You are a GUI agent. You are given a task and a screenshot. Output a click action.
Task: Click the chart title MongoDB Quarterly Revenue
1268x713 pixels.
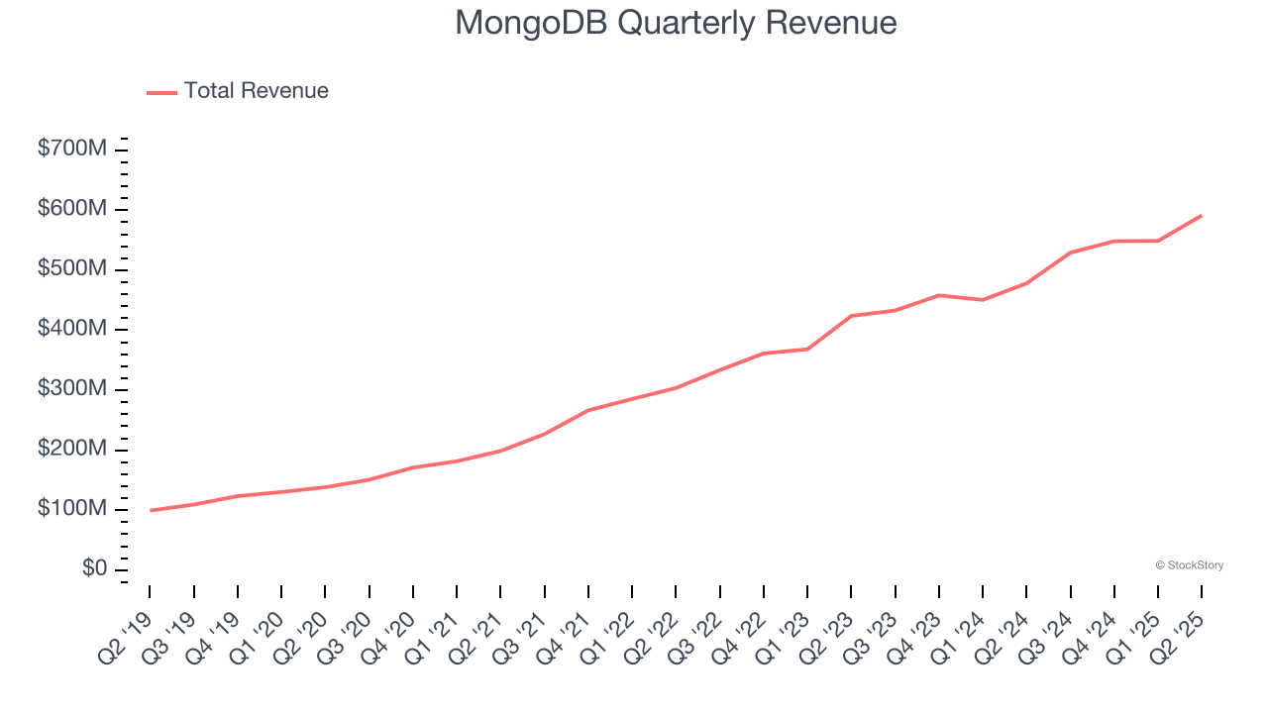point(676,22)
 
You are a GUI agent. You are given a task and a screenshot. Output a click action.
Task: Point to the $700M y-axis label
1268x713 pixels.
point(72,150)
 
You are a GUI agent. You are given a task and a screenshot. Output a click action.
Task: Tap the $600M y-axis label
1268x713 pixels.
point(72,209)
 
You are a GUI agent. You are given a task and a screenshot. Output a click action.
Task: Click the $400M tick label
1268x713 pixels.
point(72,329)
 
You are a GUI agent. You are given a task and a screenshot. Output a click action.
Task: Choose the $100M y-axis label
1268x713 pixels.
point(72,509)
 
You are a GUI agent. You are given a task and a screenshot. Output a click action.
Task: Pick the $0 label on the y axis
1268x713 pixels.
point(96,568)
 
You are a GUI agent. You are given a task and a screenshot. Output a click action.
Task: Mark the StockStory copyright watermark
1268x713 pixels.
point(1189,565)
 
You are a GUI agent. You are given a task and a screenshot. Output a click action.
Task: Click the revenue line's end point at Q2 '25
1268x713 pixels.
point(1202,215)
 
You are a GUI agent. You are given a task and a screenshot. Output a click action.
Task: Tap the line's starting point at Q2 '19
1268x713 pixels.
point(150,510)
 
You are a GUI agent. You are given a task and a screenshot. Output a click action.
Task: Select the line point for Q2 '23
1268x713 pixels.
point(851,316)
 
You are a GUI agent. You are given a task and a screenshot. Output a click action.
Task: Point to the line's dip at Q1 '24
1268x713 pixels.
point(983,299)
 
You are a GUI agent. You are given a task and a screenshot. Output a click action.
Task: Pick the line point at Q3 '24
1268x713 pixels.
point(1070,253)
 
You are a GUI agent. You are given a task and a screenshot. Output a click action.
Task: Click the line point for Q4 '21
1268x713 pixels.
point(588,410)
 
